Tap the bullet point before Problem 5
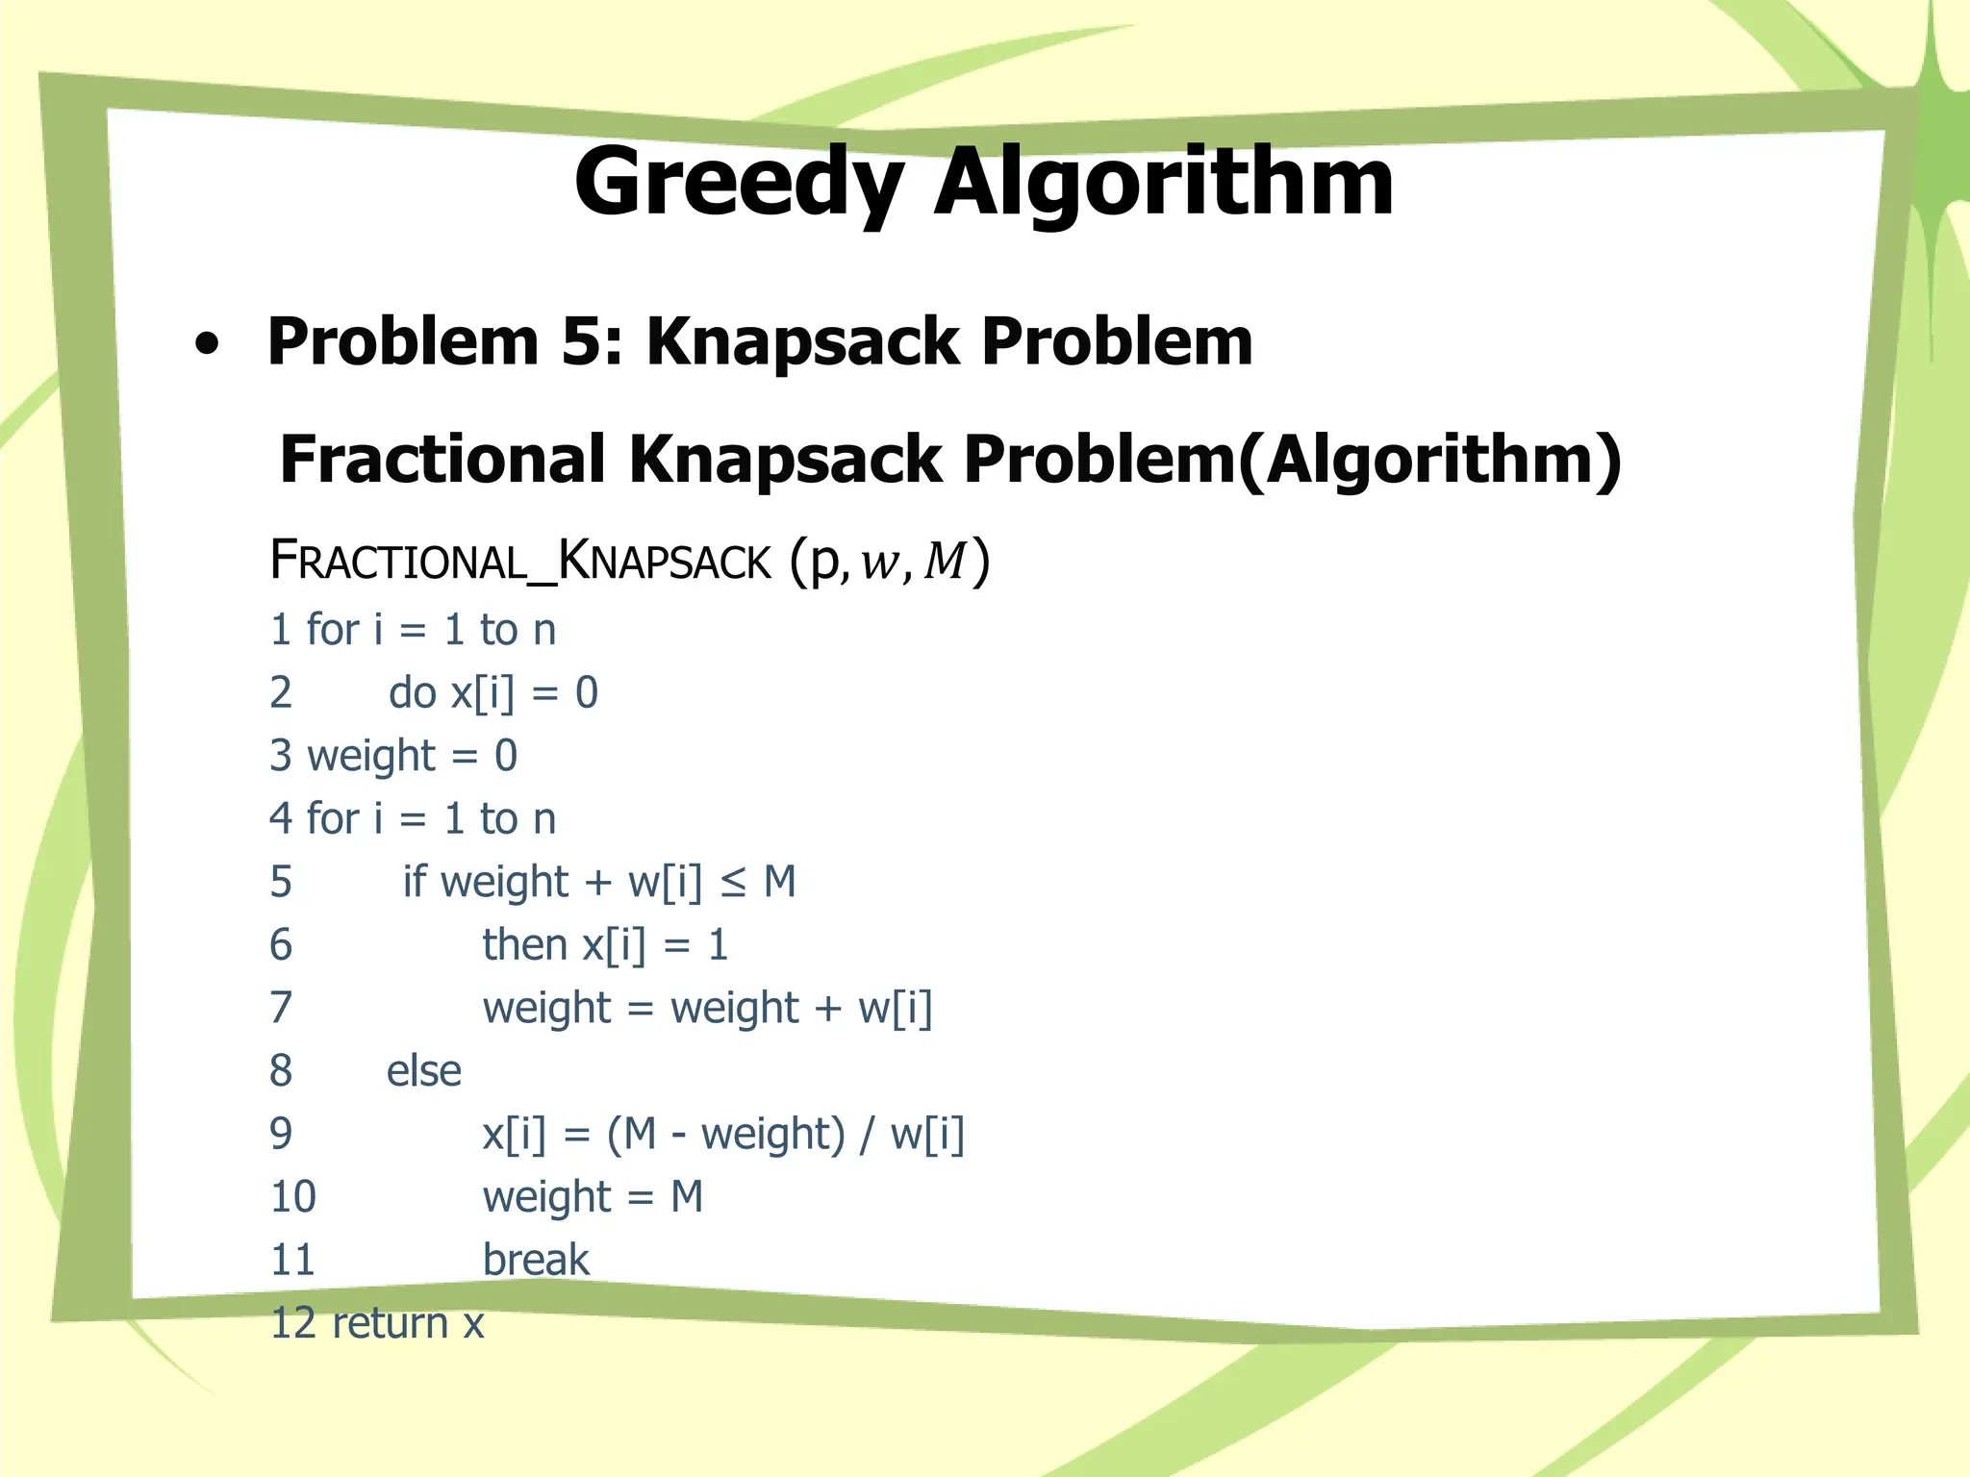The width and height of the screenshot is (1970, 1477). pyautogui.click(x=206, y=344)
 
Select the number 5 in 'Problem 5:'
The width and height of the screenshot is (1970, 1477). pyautogui.click(x=582, y=341)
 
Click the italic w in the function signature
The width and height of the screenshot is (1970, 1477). pyautogui.click(x=879, y=563)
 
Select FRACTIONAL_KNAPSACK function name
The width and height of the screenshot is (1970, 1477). pyautogui.click(x=520, y=561)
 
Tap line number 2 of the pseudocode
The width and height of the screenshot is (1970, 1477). pyautogui.click(x=281, y=693)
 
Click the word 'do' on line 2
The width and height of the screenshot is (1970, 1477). pyautogui.click(x=413, y=693)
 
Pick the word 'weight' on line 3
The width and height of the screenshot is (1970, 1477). pyautogui.click(x=371, y=757)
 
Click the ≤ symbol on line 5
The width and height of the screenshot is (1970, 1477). pyautogui.click(x=733, y=883)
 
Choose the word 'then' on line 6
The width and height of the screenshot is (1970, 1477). pyautogui.click(x=525, y=945)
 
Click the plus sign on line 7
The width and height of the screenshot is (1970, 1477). pyautogui.click(x=828, y=1009)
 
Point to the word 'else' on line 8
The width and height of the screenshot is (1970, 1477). pyautogui.click(x=424, y=1071)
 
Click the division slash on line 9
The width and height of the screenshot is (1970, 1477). pyautogui.click(x=868, y=1135)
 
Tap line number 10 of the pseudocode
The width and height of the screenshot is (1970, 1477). pyautogui.click(x=293, y=1197)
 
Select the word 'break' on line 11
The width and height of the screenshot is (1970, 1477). pyautogui.click(x=536, y=1261)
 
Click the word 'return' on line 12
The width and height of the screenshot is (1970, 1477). pyautogui.click(x=390, y=1324)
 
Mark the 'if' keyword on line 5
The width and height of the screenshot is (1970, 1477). pyautogui.click(x=414, y=882)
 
